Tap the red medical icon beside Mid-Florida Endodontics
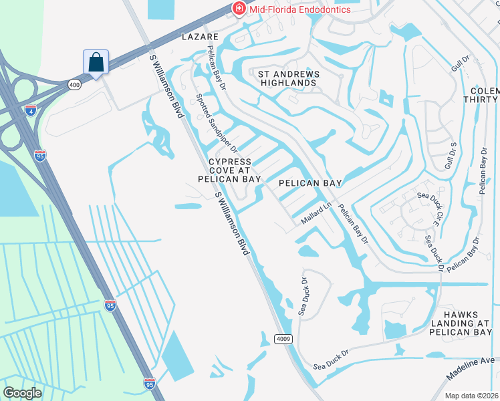[237, 8]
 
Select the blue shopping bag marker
[96, 62]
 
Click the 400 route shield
[74, 85]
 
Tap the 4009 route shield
[283, 339]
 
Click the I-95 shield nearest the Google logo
[150, 384]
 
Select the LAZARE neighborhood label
[200, 37]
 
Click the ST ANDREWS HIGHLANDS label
[283, 78]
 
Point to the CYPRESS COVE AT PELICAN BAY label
[229, 170]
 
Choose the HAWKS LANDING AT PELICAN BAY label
[461, 322]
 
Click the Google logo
[22, 393]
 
